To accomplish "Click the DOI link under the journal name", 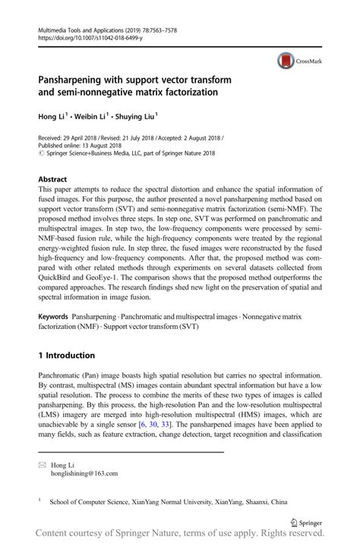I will pos(84,35).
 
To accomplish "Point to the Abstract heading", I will pos(52,178).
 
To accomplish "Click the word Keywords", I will pos(54,312).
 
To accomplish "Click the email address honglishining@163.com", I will pos(84,473).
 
